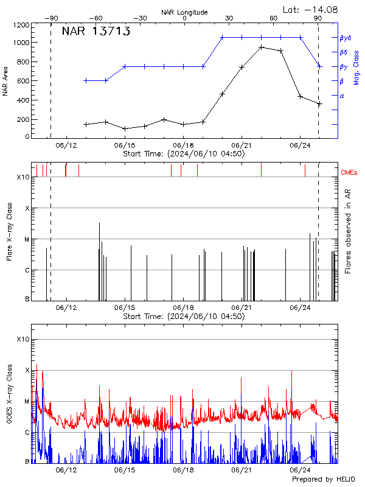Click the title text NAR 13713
point(96,32)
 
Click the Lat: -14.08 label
point(311,9)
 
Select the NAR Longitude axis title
point(184,12)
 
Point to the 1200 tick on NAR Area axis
point(22,26)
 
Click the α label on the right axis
point(341,96)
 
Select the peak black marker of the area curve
point(261,47)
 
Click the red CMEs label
point(350,173)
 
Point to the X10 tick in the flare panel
point(23,177)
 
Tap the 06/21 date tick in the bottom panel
point(242,470)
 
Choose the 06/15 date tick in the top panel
point(125,145)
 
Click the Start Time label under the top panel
point(184,154)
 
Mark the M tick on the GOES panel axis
point(26,401)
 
